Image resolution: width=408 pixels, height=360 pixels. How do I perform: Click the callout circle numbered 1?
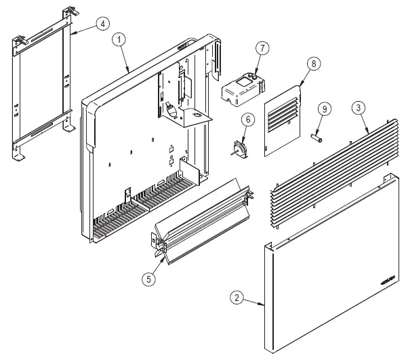120,40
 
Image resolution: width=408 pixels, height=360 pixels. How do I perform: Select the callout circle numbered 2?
236,297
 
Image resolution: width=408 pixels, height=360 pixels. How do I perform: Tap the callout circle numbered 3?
356,106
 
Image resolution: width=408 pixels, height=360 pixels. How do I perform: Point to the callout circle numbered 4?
102,24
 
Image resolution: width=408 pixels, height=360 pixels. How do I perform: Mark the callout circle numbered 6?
248,119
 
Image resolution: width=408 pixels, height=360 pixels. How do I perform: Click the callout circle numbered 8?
312,63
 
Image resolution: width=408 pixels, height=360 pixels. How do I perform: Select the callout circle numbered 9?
325,108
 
